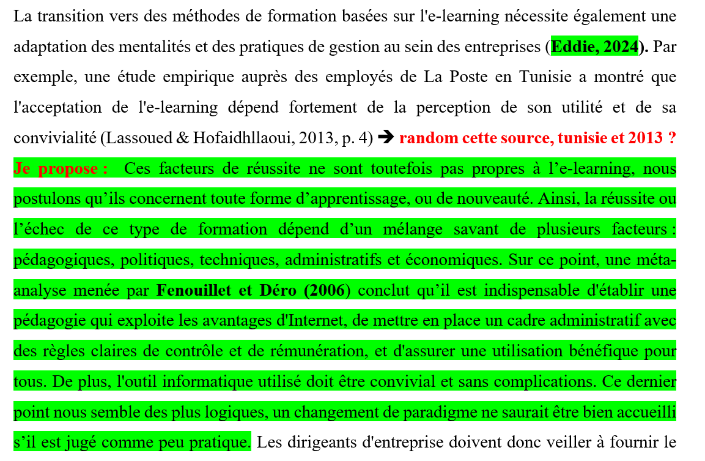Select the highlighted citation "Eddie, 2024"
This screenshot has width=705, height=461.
(594, 47)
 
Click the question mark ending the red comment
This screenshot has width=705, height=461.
(671, 138)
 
